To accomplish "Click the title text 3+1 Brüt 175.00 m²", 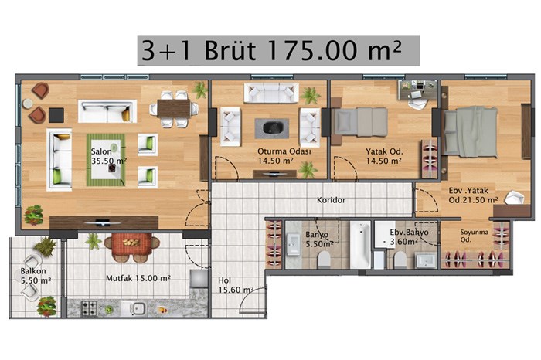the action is [x=272, y=50].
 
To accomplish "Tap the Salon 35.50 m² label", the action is [x=109, y=156].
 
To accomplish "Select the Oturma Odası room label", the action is [x=284, y=151].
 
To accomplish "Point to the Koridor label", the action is [x=332, y=200].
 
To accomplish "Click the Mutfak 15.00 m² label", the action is [x=138, y=278].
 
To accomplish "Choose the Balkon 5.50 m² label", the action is [x=36, y=276].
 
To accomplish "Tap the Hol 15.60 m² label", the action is [x=236, y=285].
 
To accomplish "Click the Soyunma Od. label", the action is [x=474, y=236].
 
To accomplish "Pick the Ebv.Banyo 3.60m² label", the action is [x=409, y=237].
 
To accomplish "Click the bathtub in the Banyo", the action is [x=360, y=245].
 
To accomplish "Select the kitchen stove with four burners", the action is [x=89, y=308].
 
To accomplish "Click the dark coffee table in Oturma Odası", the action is [x=272, y=128].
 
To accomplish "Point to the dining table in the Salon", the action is [x=174, y=109].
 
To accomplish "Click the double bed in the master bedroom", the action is [x=471, y=131].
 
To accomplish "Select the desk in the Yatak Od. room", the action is [x=418, y=90].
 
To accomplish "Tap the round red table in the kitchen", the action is [x=131, y=243].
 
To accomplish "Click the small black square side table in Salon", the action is [x=56, y=115].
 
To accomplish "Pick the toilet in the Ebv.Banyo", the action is [x=400, y=260].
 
